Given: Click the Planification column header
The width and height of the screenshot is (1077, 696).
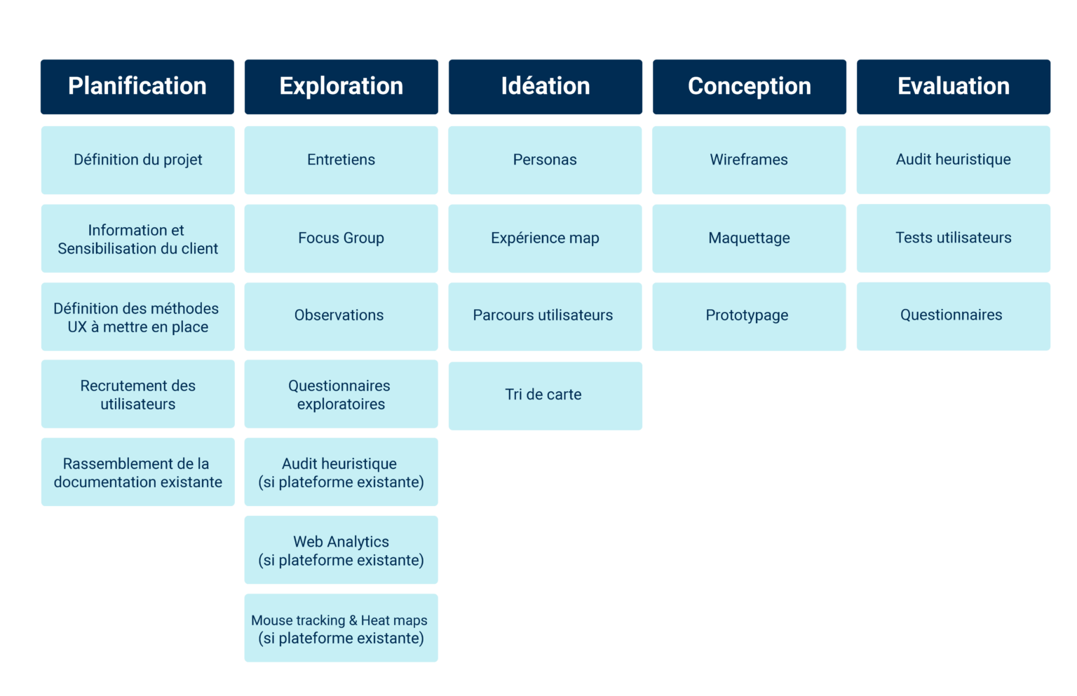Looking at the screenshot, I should click(x=137, y=86).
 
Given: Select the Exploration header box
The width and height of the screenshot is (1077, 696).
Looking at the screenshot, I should click(x=341, y=86).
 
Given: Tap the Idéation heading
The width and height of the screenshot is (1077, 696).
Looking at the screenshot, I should click(x=546, y=86).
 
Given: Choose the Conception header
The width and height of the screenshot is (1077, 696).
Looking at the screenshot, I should click(x=750, y=86).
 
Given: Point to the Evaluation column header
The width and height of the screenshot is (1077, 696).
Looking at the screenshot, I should click(x=954, y=86).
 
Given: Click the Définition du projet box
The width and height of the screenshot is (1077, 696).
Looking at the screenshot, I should click(x=138, y=160).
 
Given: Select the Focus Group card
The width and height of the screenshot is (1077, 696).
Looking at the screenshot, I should click(x=341, y=238).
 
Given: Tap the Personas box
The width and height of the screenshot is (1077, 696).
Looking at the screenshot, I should click(x=545, y=160).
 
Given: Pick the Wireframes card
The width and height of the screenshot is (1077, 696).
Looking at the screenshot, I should click(x=749, y=160).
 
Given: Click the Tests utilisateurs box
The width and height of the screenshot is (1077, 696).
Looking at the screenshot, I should click(x=954, y=238).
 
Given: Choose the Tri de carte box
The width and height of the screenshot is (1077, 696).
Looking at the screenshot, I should click(x=545, y=395).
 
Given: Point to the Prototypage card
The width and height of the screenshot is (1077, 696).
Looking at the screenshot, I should click(x=749, y=316).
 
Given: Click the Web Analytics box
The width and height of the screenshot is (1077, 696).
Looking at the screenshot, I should click(x=341, y=550).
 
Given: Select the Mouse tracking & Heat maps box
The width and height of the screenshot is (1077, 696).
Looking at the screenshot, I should click(x=341, y=628).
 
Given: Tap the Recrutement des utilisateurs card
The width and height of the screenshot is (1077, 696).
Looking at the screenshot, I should click(x=138, y=394).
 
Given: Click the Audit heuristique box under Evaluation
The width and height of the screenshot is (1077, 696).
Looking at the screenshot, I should click(x=954, y=160).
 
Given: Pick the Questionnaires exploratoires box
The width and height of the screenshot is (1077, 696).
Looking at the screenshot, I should click(x=341, y=394).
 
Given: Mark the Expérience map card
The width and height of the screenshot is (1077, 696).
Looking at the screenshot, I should click(x=545, y=238).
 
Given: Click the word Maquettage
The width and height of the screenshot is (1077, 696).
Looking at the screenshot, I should click(x=749, y=238).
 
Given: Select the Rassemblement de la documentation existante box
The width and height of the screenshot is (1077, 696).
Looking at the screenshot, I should click(x=138, y=472).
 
